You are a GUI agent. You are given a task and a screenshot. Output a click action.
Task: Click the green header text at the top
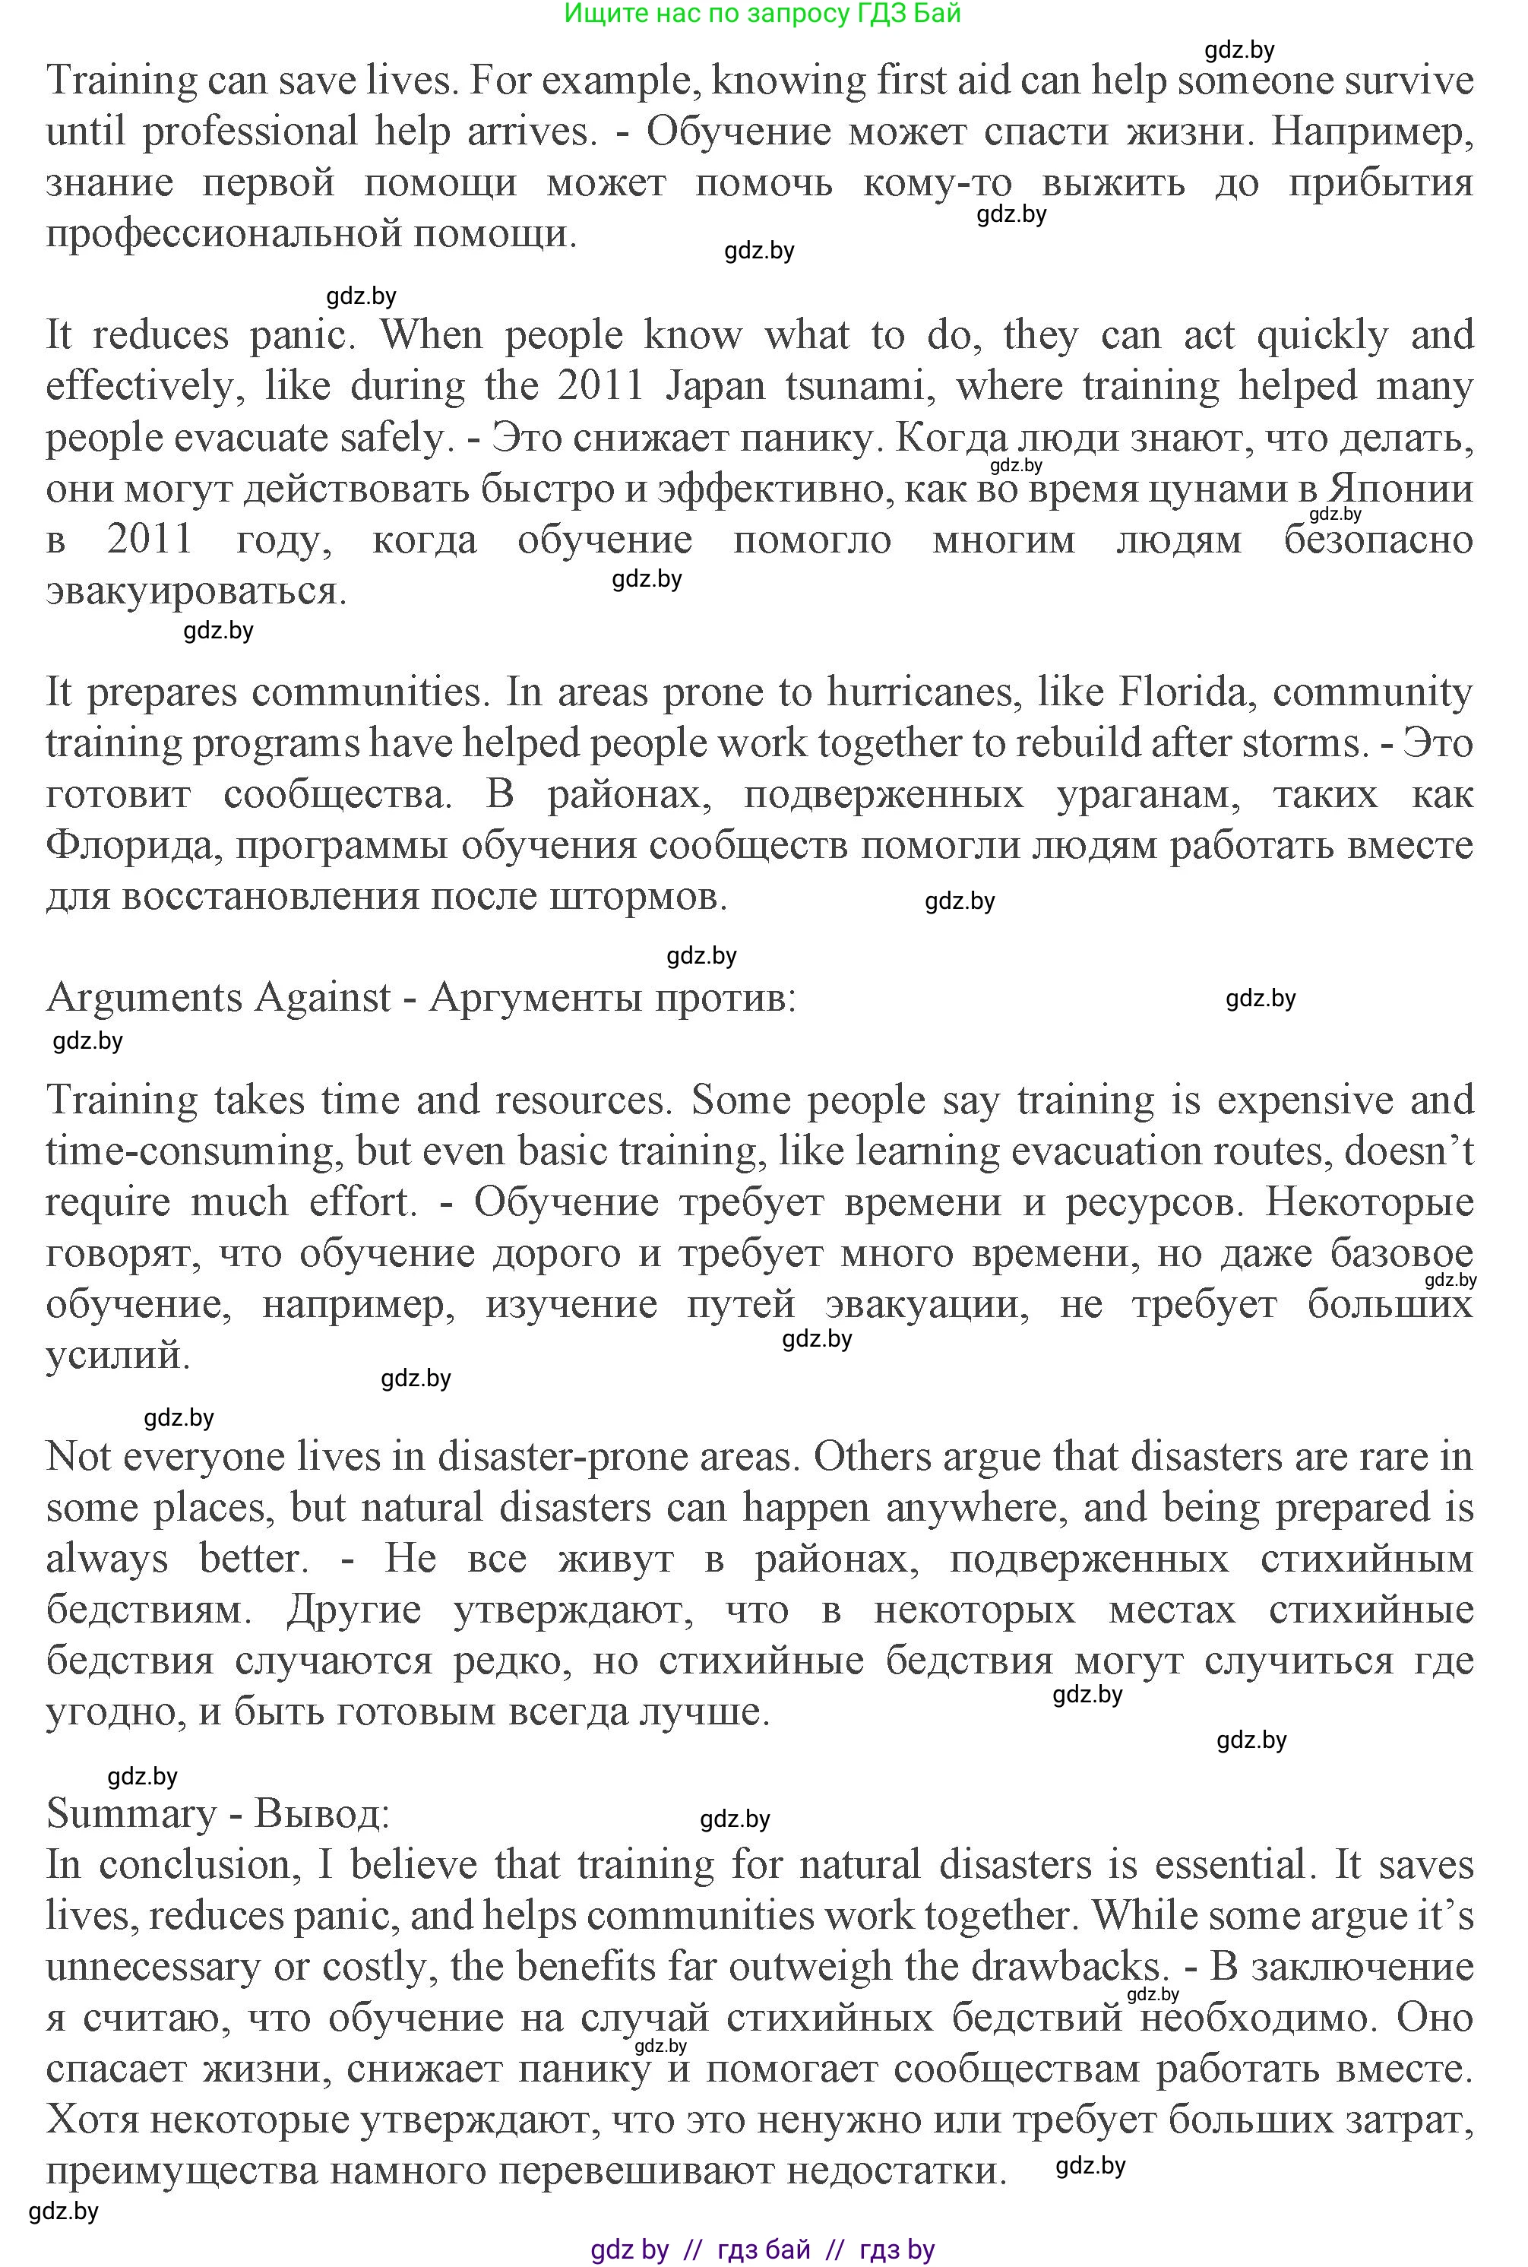[x=762, y=14]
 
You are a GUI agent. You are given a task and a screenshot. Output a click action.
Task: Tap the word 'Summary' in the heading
[x=131, y=1814]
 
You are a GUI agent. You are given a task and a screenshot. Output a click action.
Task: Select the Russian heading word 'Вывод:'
[x=321, y=1814]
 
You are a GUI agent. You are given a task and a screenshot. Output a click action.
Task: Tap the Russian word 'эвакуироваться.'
[x=196, y=591]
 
